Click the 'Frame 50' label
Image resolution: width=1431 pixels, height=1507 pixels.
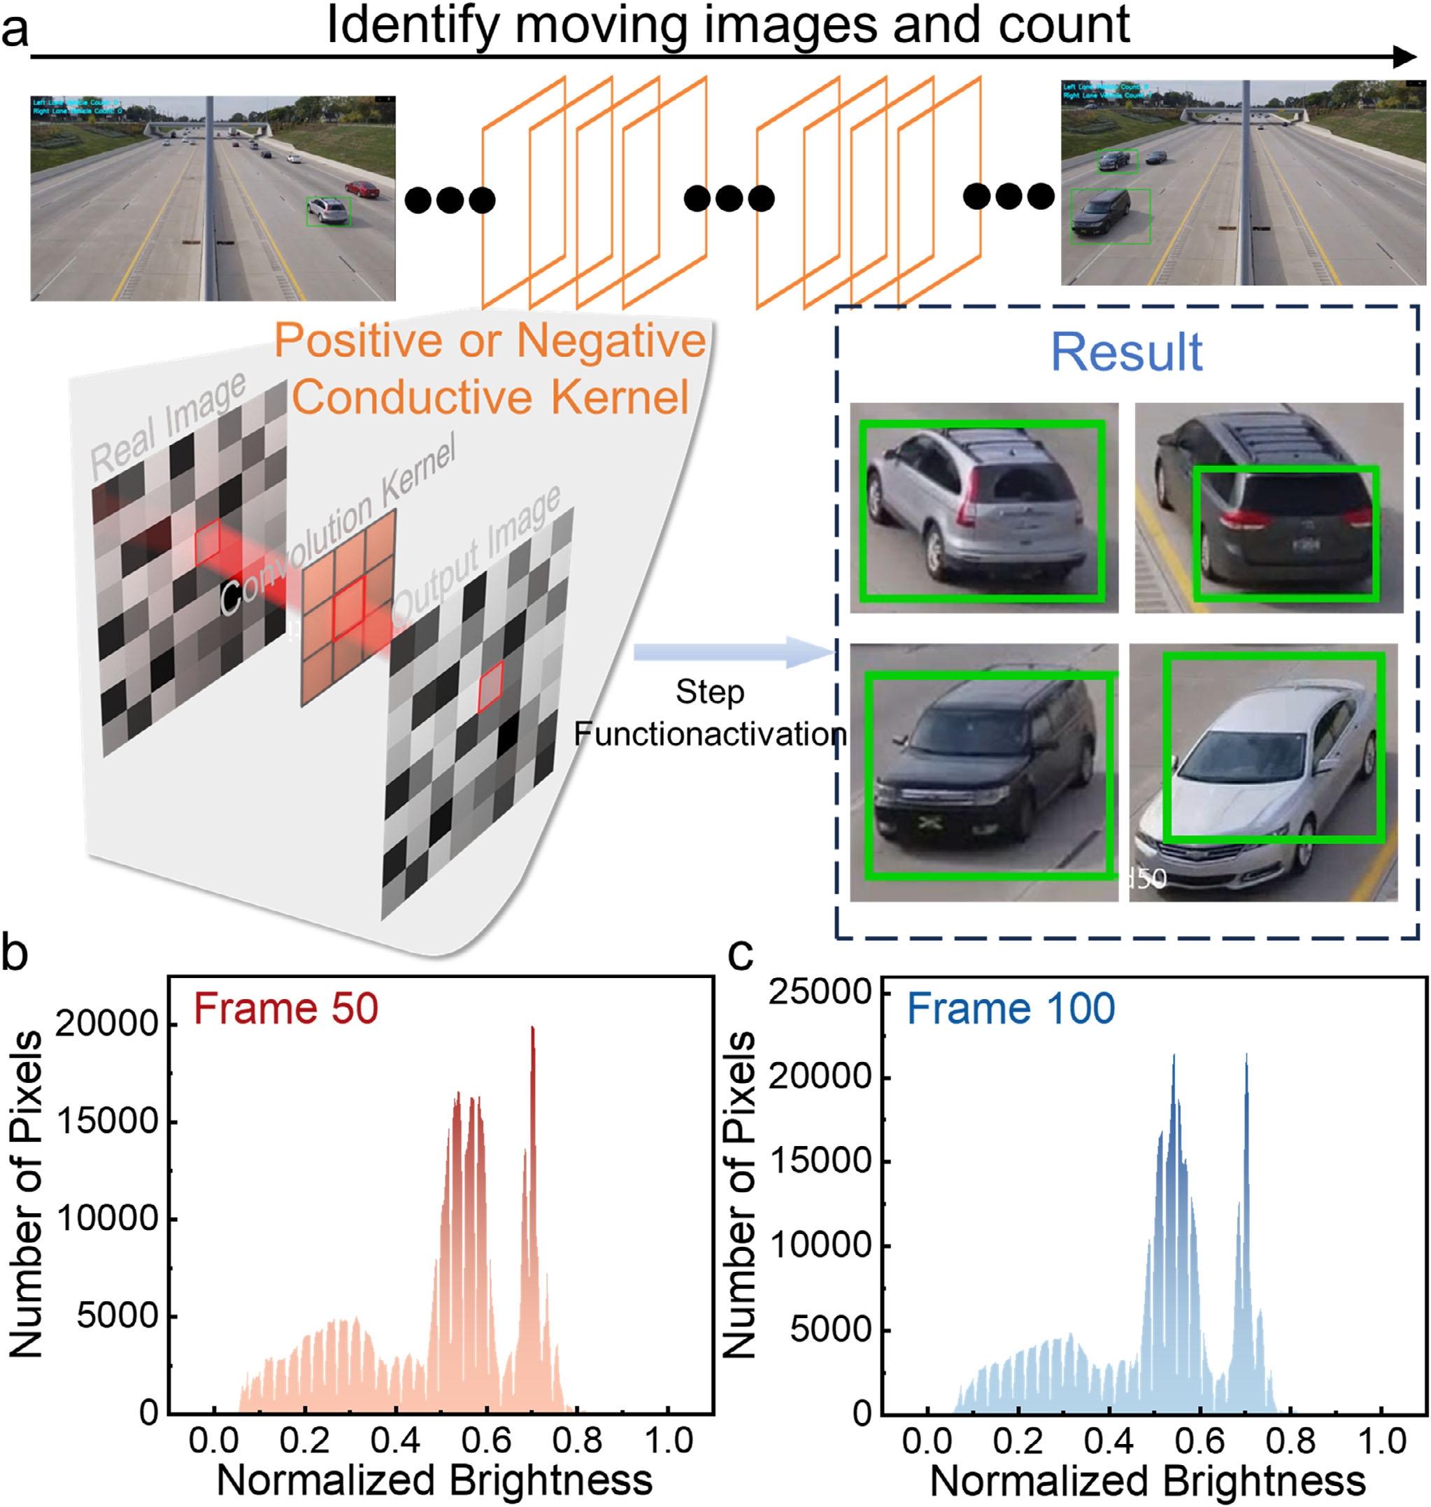[286, 1008]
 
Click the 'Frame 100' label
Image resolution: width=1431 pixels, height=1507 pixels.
[1011, 1008]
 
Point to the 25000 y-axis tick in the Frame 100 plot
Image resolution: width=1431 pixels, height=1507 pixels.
[819, 992]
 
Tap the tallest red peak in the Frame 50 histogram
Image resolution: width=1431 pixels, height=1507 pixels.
[532, 1030]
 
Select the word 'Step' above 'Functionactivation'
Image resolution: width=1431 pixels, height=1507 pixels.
[709, 692]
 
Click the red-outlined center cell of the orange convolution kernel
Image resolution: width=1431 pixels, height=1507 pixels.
[347, 607]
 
